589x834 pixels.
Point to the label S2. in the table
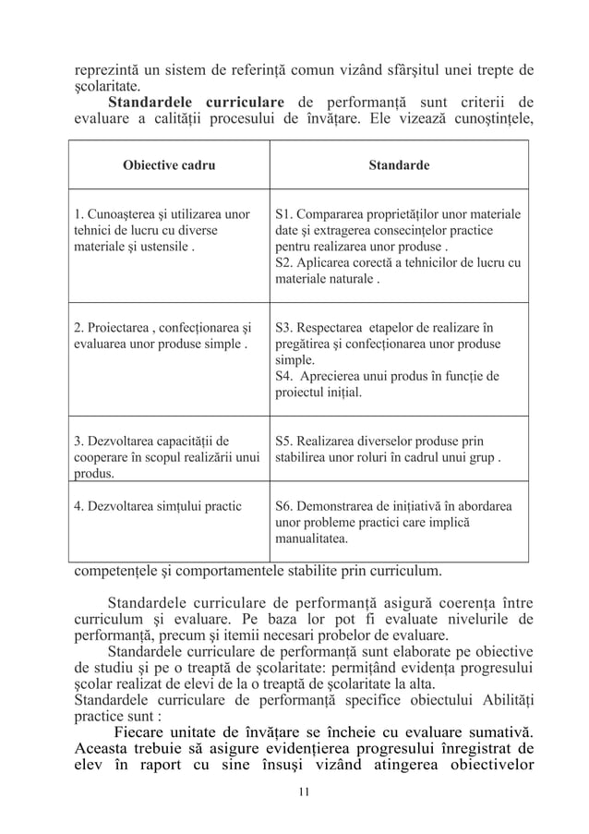tap(284, 262)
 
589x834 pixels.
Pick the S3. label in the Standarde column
tap(284, 327)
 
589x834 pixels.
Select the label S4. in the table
tap(284, 376)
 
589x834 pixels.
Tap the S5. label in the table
tap(284, 441)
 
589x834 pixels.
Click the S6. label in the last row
tap(284, 506)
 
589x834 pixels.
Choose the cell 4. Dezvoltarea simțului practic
tap(157, 506)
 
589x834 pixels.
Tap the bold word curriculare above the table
tap(234, 101)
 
